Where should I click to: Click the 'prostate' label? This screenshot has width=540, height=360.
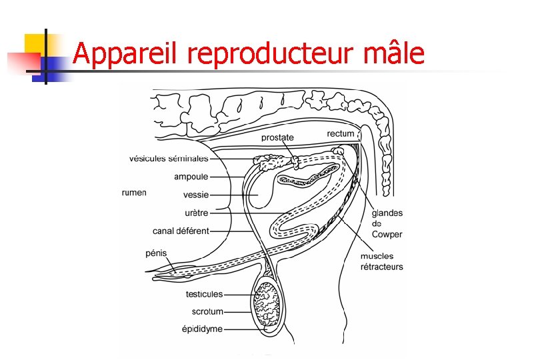(x=277, y=138)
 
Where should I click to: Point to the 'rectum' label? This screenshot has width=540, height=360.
(x=341, y=134)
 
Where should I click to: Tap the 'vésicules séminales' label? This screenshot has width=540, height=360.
(x=169, y=159)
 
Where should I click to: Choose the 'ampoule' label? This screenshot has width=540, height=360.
(x=191, y=177)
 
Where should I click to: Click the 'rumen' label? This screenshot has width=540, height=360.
(x=134, y=193)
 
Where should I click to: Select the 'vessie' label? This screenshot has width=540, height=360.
(x=196, y=195)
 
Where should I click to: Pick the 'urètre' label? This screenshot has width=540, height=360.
(x=196, y=213)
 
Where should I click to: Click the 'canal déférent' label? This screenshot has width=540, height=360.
(x=181, y=231)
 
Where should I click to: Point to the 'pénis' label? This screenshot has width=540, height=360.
(x=156, y=253)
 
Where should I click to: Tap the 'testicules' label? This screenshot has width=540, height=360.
(x=204, y=294)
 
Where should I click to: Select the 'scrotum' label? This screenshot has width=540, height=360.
(x=207, y=311)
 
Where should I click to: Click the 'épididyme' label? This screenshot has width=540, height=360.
(x=203, y=329)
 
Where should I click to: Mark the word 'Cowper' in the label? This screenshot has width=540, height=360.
(x=387, y=235)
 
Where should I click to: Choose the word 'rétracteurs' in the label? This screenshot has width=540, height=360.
(x=382, y=267)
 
